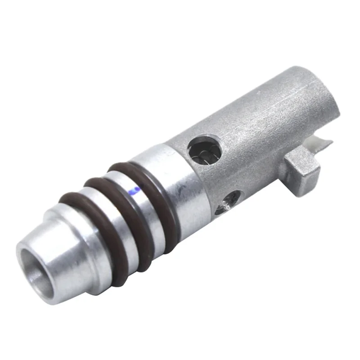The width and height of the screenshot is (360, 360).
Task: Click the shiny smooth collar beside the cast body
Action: tap(180, 189)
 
